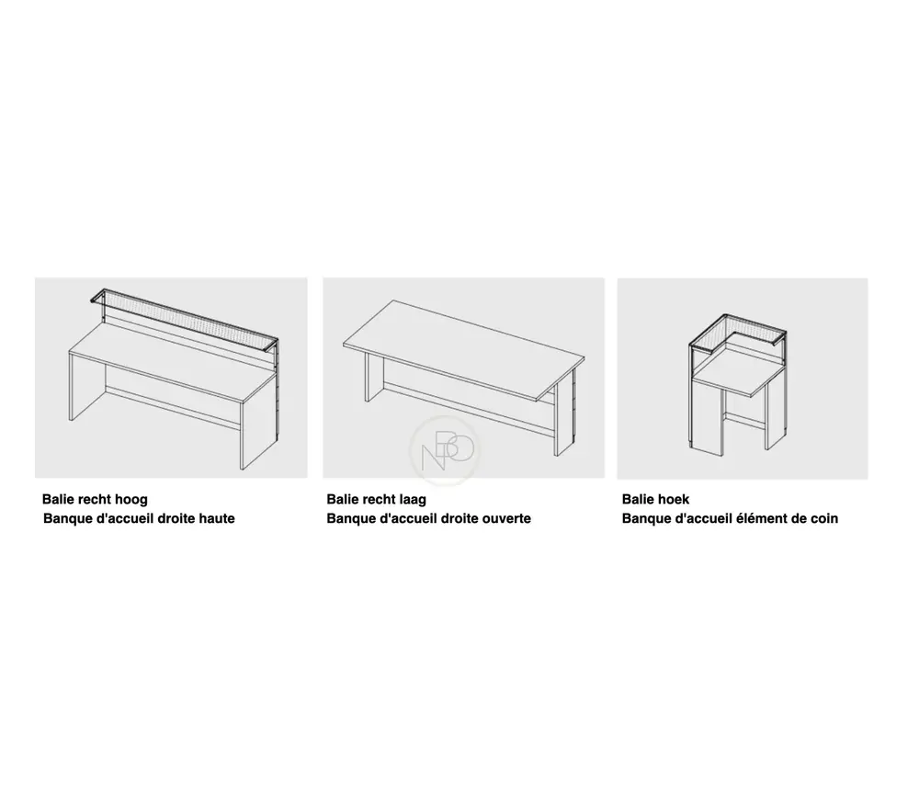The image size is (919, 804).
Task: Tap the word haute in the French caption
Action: coord(217,518)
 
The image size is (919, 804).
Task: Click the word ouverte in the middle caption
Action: coord(507,518)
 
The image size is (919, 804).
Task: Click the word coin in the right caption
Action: coord(824,518)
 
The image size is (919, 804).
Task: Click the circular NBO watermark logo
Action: coord(445,450)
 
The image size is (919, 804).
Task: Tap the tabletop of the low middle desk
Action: coord(463,350)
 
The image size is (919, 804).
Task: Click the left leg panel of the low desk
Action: coord(368,378)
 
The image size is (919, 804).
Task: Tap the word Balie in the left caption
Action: coord(60,500)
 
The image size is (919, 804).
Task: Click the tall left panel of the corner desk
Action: coord(709,418)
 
